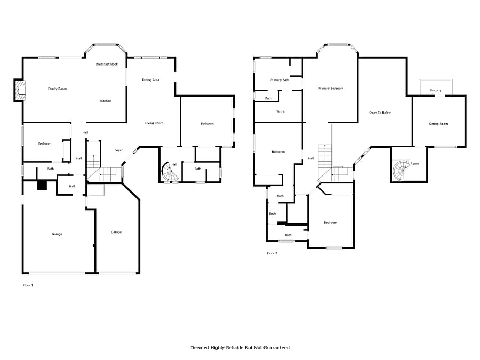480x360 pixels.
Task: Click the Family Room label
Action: pyautogui.click(x=57, y=89)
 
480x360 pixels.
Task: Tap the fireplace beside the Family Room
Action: pyautogui.click(x=19, y=90)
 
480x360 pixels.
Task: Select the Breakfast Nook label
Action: pyautogui.click(x=107, y=65)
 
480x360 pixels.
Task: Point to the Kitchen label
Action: pyautogui.click(x=106, y=101)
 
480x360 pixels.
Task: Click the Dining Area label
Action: pyautogui.click(x=150, y=80)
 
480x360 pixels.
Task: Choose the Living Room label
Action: pyautogui.click(x=154, y=123)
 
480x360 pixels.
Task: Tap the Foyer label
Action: pyautogui.click(x=118, y=150)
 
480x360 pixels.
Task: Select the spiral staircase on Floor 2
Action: pyautogui.click(x=401, y=170)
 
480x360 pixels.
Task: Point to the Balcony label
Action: pyautogui.click(x=435, y=90)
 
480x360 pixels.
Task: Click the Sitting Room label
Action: pyautogui.click(x=438, y=124)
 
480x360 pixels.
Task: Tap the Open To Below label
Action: pyautogui.click(x=380, y=113)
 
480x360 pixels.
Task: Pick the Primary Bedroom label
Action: pyautogui.click(x=331, y=89)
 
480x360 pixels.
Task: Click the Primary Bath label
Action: pyautogui.click(x=280, y=80)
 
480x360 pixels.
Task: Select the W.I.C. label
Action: pyautogui.click(x=281, y=111)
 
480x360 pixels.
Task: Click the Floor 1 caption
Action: pyautogui.click(x=28, y=285)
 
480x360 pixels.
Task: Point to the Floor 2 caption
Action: pyautogui.click(x=272, y=253)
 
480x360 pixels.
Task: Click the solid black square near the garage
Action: pyautogui.click(x=42, y=185)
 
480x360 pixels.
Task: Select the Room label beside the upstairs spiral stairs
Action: pyautogui.click(x=414, y=164)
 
